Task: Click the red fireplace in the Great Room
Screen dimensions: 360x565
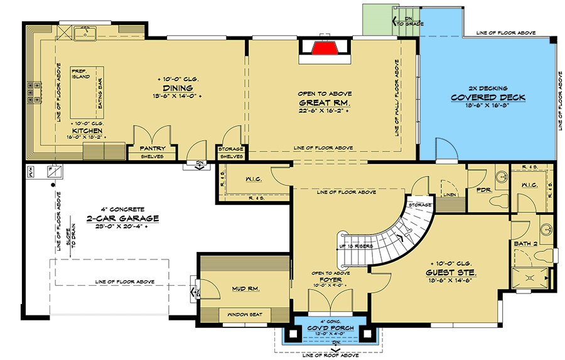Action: (x=325, y=50)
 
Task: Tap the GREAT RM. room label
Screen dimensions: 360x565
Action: (x=324, y=102)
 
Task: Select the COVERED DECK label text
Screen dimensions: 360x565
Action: (x=488, y=97)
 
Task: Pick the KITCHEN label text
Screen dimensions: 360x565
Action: (x=87, y=131)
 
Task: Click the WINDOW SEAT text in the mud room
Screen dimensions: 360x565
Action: (x=244, y=314)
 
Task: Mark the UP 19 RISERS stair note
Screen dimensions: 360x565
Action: (x=355, y=246)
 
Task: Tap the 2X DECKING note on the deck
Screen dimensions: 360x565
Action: (x=487, y=88)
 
